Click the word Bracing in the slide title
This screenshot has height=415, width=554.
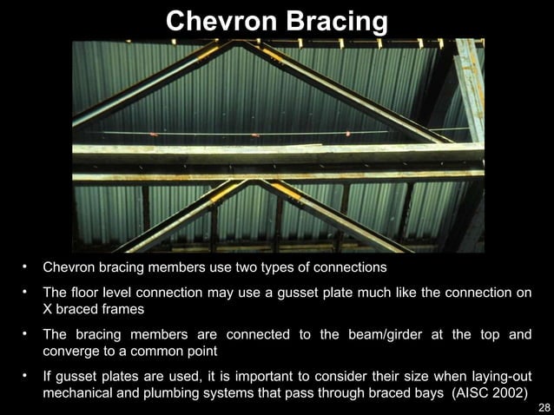[333, 19]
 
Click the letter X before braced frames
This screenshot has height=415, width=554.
[49, 309]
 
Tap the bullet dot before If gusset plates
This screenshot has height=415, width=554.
[26, 375]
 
